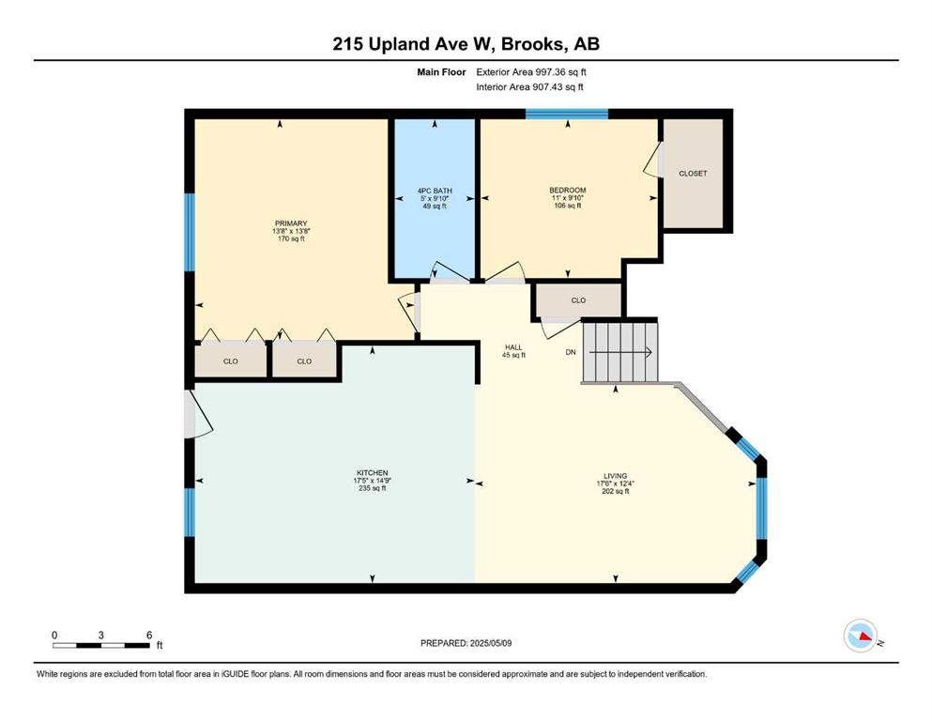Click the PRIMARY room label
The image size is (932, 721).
point(291,223)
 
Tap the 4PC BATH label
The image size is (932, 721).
point(435,191)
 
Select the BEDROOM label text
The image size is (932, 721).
point(568,191)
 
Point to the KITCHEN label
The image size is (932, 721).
point(373,473)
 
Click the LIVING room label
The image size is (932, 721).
point(615,476)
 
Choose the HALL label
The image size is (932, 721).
point(513,347)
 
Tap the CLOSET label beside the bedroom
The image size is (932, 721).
point(693,174)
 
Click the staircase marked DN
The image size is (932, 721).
point(620,352)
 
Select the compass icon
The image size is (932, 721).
point(861,636)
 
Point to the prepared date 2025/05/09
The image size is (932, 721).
point(466,643)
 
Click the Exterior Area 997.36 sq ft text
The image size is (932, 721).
point(531,72)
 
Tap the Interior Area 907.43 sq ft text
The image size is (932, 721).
point(529,86)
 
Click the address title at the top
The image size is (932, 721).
point(466,44)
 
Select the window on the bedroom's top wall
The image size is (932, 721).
point(567,114)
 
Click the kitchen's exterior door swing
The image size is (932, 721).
point(198,414)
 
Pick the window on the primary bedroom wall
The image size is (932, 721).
point(190,232)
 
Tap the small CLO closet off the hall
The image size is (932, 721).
point(579,300)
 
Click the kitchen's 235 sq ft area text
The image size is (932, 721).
point(373,488)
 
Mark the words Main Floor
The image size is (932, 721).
point(442,72)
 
